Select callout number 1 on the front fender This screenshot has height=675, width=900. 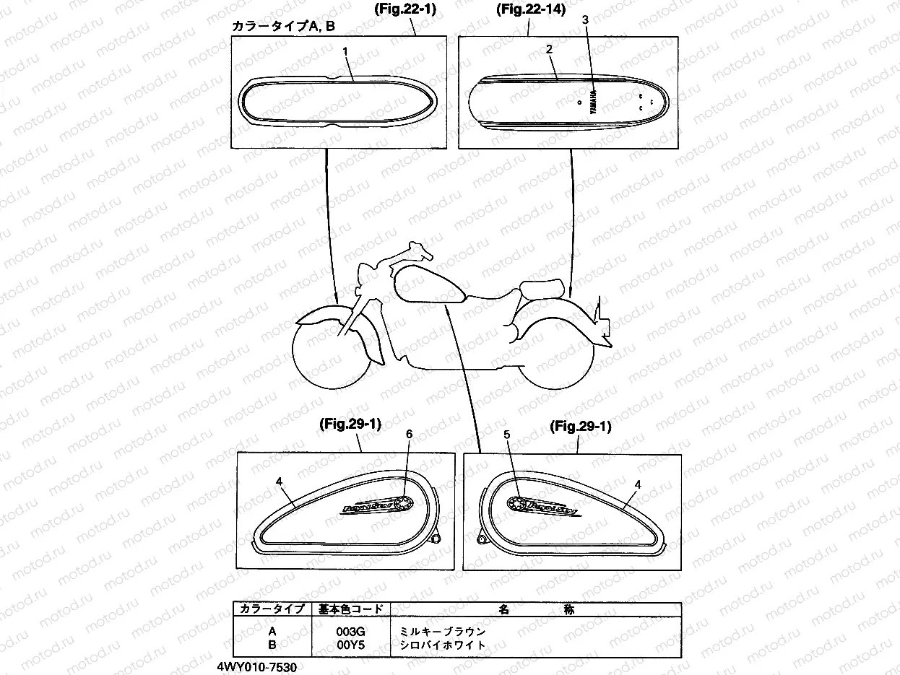pos(346,51)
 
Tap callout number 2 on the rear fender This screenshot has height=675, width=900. pos(550,49)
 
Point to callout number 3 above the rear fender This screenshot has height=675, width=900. pos(586,20)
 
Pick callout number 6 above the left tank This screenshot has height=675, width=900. pos(409,434)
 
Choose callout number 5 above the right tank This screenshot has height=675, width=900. pos(506,435)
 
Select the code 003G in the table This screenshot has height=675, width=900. pos(350,631)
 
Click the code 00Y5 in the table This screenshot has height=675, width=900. pos(350,645)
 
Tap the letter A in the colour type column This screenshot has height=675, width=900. pos(272,631)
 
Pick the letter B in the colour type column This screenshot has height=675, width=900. pos(272,645)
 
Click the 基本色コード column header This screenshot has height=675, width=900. pos(350,609)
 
